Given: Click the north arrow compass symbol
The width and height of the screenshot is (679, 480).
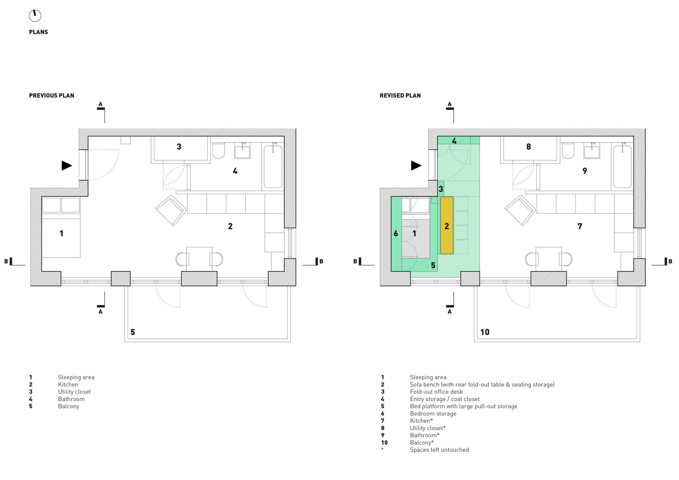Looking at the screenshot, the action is [x=35, y=16].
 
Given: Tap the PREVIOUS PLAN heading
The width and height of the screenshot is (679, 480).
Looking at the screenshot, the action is [x=52, y=96].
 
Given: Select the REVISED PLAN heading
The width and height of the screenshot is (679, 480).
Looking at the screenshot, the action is [x=400, y=96].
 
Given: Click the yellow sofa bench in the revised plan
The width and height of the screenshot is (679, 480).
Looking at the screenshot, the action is [x=447, y=225].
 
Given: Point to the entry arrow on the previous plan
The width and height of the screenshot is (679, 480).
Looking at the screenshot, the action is [x=67, y=165].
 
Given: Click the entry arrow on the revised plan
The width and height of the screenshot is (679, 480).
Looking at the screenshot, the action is [x=416, y=165].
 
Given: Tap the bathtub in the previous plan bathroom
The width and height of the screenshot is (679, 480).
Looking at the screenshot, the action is [x=273, y=166].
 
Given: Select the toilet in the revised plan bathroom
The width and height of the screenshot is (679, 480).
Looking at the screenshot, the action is [x=568, y=151].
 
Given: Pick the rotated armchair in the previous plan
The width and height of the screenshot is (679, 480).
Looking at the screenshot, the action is [x=171, y=211].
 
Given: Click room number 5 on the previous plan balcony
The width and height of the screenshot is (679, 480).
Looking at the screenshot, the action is [x=133, y=332].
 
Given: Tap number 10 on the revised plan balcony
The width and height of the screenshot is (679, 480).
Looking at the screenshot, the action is [x=484, y=332].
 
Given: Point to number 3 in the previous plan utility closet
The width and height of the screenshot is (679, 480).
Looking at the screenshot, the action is [x=179, y=146].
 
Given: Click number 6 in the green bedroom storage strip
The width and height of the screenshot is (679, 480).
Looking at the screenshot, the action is [x=396, y=233].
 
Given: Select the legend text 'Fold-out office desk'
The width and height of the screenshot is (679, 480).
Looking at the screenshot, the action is [x=436, y=392].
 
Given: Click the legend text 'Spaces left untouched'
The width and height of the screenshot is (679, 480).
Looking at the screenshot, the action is [x=440, y=450].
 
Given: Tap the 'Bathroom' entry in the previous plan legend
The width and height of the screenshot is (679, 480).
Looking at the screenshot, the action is [x=71, y=399].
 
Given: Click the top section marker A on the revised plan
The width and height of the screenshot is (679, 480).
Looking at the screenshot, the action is [x=450, y=106].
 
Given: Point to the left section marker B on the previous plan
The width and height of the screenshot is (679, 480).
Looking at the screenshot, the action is [x=8, y=261].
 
